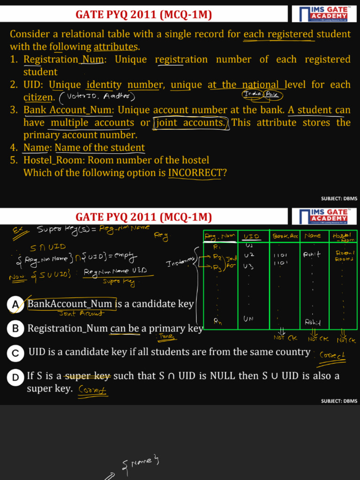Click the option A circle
15,305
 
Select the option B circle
15,329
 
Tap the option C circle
15,352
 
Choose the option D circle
15,376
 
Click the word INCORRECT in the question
195,172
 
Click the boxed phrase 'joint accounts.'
191,123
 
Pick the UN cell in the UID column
249,319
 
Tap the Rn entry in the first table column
218,321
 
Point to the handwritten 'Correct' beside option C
332,355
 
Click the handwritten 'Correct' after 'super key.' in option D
93,390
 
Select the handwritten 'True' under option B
167,337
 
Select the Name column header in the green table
313,236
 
